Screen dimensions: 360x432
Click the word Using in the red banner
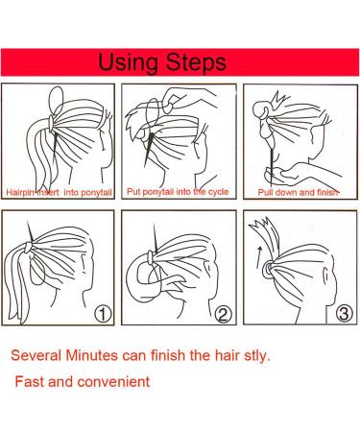click(x=128, y=62)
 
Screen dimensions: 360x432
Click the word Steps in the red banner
click(x=196, y=61)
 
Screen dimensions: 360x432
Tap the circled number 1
click(x=103, y=314)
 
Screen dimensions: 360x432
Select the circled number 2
click(x=223, y=314)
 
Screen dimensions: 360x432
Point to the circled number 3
click(x=344, y=313)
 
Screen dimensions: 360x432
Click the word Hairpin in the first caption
click(x=17, y=193)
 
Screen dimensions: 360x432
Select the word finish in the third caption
click(x=327, y=192)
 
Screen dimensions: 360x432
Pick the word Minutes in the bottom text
click(x=92, y=355)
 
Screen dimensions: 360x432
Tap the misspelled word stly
click(x=257, y=356)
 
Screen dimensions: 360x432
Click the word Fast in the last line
click(x=29, y=381)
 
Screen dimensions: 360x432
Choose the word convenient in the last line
click(x=113, y=381)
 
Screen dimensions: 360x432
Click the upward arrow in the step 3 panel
click(x=259, y=256)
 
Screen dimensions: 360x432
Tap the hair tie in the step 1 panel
click(x=29, y=248)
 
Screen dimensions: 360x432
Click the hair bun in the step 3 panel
click(x=267, y=268)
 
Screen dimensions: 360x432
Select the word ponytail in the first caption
click(x=96, y=193)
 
